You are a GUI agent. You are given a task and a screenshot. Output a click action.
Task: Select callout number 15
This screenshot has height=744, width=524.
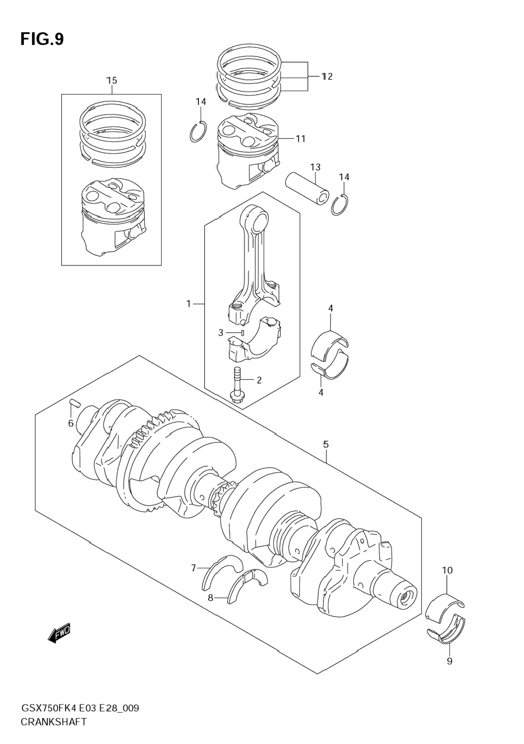coord(112,80)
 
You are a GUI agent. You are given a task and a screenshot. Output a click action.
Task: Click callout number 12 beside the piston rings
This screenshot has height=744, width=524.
coord(327,76)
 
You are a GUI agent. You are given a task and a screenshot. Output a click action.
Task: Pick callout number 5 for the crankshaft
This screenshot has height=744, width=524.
coord(326,444)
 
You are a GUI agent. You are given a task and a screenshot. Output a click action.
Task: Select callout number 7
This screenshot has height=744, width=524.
coord(194,568)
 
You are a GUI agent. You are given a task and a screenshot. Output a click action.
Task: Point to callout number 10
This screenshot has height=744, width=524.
coord(447,571)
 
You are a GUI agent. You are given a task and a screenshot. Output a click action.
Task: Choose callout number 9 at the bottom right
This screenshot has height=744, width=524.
coord(449,661)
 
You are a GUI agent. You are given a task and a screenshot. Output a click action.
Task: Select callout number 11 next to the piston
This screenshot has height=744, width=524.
coord(300,138)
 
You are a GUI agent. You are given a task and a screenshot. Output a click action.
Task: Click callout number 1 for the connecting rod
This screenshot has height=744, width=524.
coord(189,303)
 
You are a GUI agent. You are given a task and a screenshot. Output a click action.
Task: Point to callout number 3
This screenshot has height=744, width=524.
coord(221,333)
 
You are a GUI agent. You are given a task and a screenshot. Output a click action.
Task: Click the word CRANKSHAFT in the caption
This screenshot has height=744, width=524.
coord(53,722)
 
